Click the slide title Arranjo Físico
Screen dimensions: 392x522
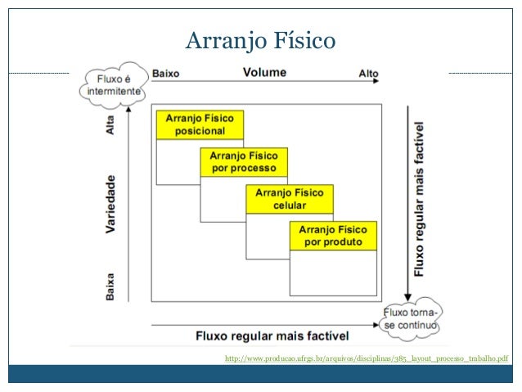[260, 39]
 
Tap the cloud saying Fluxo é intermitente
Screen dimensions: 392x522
[113, 83]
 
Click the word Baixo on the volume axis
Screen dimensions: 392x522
[165, 74]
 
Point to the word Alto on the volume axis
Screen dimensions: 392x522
[368, 74]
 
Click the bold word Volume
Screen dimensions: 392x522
[264, 72]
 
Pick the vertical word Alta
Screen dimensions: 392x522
[110, 124]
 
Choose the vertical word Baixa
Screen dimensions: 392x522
[110, 286]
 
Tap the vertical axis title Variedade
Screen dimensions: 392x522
[110, 204]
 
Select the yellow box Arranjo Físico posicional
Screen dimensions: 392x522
[200, 124]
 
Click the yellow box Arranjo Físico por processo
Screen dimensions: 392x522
[243, 161]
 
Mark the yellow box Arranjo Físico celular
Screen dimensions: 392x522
[289, 199]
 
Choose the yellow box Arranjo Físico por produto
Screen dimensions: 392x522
[332, 236]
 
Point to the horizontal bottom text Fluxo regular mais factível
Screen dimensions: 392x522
[272, 336]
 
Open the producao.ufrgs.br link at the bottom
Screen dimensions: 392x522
[366, 358]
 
